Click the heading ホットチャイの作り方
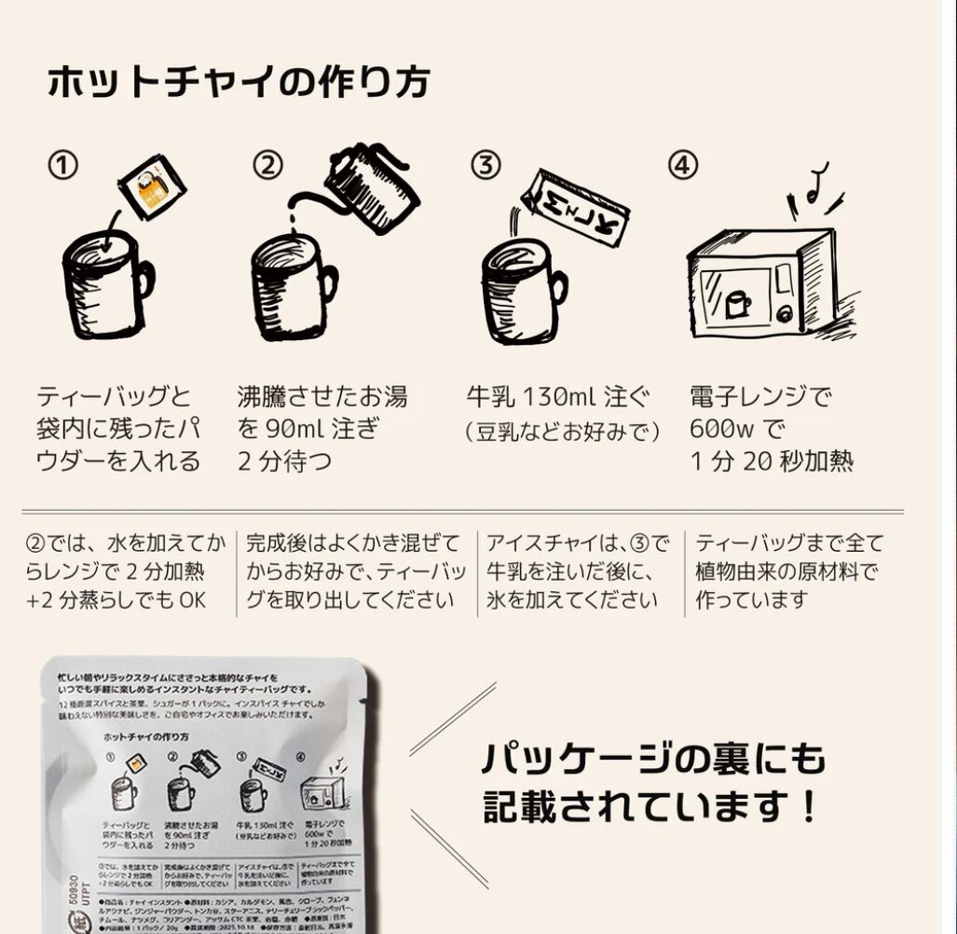point(239,82)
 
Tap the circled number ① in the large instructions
point(62,166)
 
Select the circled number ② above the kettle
point(267,166)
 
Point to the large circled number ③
point(485,166)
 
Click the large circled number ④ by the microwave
point(683,166)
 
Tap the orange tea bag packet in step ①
point(153,187)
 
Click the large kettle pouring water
point(370,187)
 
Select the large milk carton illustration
point(575,207)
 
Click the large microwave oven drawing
point(760,282)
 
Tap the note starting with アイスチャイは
point(578,571)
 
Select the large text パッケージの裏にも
point(653,759)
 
